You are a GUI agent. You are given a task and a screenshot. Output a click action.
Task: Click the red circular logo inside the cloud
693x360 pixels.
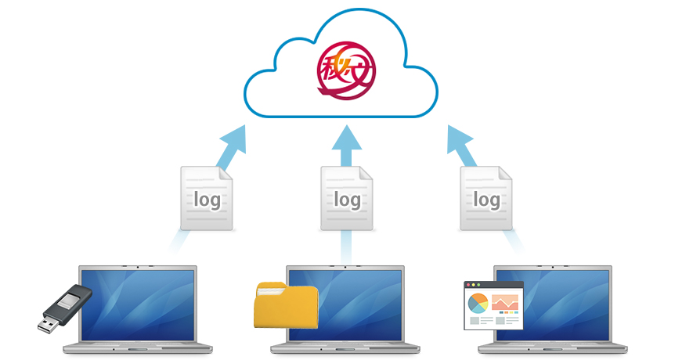tap(345, 71)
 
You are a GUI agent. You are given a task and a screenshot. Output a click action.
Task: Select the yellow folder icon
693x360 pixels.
tap(286, 306)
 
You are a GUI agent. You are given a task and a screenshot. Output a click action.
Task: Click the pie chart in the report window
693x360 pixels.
tap(478, 303)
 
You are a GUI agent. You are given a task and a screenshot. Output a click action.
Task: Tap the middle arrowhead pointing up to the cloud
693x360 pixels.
tap(346, 139)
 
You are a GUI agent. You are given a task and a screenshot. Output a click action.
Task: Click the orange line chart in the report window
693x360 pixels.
tap(505, 302)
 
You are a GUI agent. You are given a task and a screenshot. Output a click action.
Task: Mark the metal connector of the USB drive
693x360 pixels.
tap(49, 321)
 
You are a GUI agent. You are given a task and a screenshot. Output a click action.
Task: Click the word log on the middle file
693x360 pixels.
tap(346, 200)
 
